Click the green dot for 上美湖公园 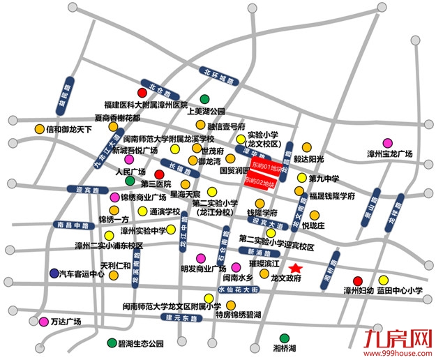pos(205,99)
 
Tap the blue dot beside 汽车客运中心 pos(54,273)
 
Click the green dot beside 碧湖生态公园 pos(112,343)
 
